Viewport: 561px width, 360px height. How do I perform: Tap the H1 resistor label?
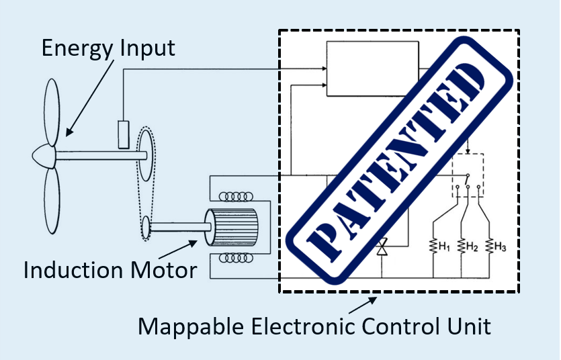[442, 247]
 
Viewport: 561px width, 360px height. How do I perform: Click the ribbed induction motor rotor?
[235, 227]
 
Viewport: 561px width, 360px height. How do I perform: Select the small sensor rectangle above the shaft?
[124, 133]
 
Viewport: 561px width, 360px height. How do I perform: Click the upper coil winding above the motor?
[239, 197]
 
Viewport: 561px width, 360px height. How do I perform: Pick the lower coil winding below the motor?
[239, 257]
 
